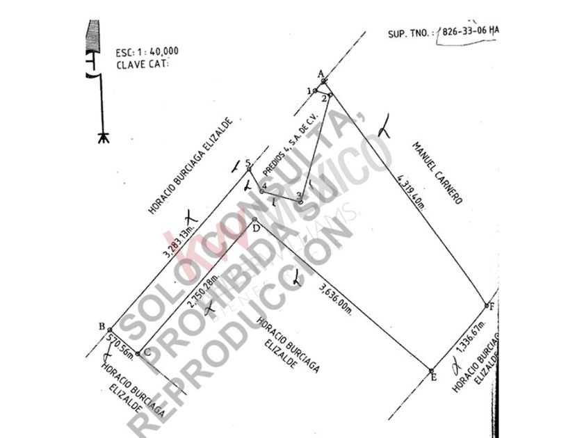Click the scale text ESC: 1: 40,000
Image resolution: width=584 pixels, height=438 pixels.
[x=147, y=51]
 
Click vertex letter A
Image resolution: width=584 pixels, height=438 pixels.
[x=321, y=73]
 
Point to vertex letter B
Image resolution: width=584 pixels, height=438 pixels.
[x=102, y=327]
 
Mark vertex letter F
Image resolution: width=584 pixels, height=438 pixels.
[x=492, y=307]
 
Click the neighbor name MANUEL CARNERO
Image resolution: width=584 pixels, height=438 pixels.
[x=437, y=172]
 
